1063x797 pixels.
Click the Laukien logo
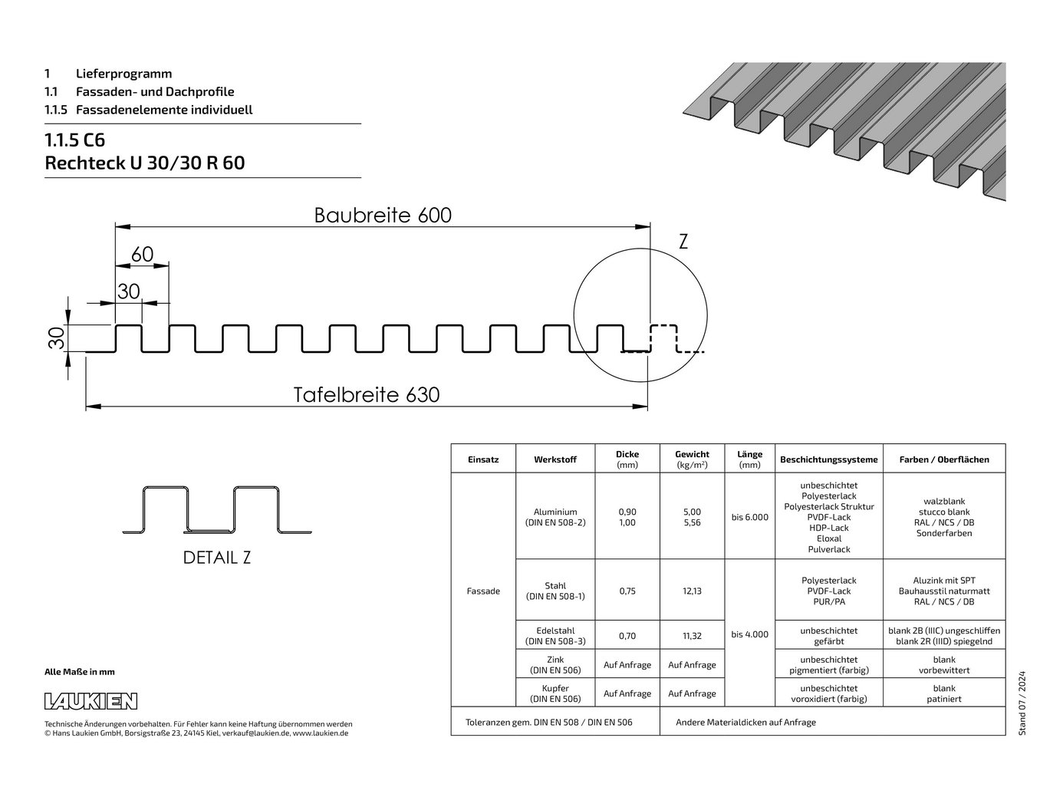(91, 701)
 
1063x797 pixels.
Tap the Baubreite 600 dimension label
(383, 215)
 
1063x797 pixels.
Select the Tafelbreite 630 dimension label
(367, 394)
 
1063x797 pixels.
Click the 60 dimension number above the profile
(143, 254)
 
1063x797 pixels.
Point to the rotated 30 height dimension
(57, 338)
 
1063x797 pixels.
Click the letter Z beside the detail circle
(683, 241)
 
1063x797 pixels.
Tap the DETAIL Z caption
(217, 558)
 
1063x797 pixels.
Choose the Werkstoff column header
(555, 459)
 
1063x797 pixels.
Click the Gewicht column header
(692, 459)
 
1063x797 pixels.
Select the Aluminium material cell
(555, 517)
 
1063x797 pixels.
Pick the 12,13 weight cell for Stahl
(692, 591)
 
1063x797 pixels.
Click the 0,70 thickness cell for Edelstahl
(627, 636)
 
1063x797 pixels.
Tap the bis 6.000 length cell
(749, 517)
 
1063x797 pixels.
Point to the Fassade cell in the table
(483, 591)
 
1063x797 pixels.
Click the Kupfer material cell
(555, 693)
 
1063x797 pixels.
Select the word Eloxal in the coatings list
(828, 538)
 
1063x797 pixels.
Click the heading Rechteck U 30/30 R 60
(145, 163)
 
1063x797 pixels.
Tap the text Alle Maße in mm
(80, 672)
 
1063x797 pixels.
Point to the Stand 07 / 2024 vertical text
(1022, 703)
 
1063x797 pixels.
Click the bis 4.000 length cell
(749, 634)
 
